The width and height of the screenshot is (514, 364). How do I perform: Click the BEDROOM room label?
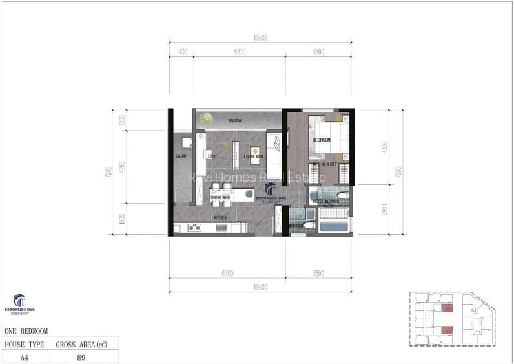[x=321, y=140]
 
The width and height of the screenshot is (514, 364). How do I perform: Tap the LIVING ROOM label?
[x=254, y=156]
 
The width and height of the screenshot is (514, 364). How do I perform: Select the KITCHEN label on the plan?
[x=220, y=218]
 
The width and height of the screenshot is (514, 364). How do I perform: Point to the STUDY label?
[x=212, y=156]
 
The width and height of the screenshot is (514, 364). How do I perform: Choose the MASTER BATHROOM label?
[x=326, y=201]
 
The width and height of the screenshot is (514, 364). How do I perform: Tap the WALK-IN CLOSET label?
[x=325, y=165]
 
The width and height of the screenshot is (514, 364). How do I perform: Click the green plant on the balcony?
[x=206, y=119]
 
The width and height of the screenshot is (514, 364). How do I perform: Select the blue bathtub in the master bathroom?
[x=334, y=227]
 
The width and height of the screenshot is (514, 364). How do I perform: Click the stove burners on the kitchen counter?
[x=194, y=227]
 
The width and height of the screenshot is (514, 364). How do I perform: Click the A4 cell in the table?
[x=25, y=356]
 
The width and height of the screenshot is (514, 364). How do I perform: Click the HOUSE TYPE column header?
[x=25, y=344]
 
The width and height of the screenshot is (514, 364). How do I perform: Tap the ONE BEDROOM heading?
[x=26, y=331]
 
